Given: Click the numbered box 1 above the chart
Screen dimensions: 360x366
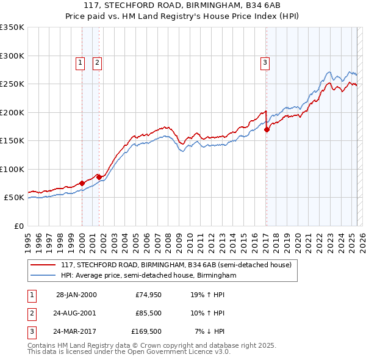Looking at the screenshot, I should coord(80,62).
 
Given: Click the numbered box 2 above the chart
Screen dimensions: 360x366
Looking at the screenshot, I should coord(97,62).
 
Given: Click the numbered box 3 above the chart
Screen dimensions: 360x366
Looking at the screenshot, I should coord(265,62).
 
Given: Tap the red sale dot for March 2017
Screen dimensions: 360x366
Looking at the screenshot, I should coord(267,129).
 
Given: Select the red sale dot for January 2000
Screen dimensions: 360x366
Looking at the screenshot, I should coord(82,183).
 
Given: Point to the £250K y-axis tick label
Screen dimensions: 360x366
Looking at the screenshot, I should coord(12,84).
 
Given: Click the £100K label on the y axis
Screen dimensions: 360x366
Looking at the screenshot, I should coord(12,169).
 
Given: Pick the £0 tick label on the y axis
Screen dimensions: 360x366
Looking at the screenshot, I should coord(18,226).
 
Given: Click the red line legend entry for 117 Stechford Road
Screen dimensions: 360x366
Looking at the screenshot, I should coord(176,265).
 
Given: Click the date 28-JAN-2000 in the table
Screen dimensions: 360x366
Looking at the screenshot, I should coord(76,295).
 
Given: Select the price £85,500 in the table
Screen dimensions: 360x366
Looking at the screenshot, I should coord(148,313).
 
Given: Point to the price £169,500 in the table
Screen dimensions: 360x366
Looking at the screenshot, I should coord(146,331).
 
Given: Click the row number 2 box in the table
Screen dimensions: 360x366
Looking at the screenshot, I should coord(31,313).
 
